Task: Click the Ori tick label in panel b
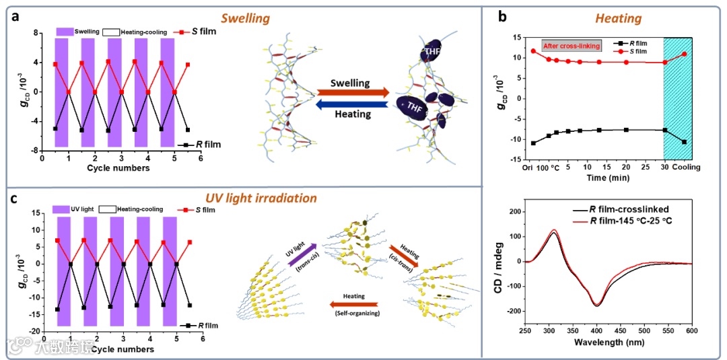pyautogui.click(x=527, y=166)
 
